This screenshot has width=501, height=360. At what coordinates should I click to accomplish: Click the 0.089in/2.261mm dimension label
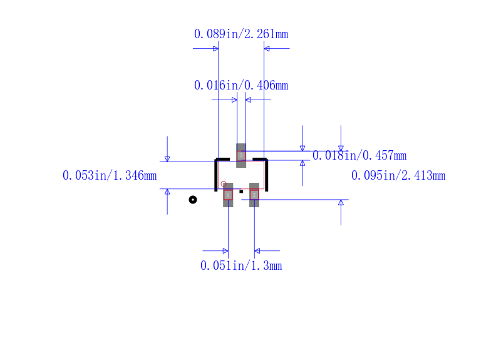[x=241, y=34]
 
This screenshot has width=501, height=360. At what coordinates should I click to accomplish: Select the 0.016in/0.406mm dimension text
[x=241, y=86]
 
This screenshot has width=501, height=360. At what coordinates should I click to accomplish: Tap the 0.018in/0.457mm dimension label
[x=359, y=155]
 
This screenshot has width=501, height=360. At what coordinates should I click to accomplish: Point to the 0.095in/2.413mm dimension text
[x=398, y=176]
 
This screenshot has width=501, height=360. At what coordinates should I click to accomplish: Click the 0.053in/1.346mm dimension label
[x=110, y=176]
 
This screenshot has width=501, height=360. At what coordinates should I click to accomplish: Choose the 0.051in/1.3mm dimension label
[x=241, y=265]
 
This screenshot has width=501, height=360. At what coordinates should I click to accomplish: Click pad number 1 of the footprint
[x=228, y=195]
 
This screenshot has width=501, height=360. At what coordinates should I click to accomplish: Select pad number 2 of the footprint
[x=254, y=195]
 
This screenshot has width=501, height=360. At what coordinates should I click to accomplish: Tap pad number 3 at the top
[x=241, y=155]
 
